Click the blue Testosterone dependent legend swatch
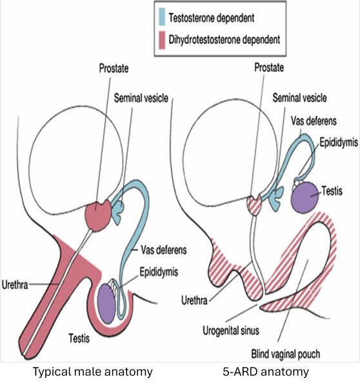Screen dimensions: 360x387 pyautogui.click(x=162, y=17)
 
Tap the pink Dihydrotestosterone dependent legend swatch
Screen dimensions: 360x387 pyautogui.click(x=162, y=40)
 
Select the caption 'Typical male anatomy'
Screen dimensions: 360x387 pyautogui.click(x=93, y=372)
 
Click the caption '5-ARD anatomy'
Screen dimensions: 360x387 pyautogui.click(x=266, y=372)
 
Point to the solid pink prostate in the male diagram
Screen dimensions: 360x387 pyautogui.click(x=98, y=215)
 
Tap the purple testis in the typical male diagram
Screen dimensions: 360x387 pyautogui.click(x=106, y=303)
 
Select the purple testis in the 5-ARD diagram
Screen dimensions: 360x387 pyautogui.click(x=305, y=198)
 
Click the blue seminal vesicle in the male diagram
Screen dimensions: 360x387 pyautogui.click(x=118, y=212)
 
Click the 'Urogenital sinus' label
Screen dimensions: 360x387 pyautogui.click(x=231, y=330)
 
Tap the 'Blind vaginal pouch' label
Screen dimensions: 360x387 pyautogui.click(x=286, y=354)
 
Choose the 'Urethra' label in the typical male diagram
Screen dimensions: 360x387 pyautogui.click(x=15, y=285)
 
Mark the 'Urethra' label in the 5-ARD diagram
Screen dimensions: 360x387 pyautogui.click(x=194, y=301)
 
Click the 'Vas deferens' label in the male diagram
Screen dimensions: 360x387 pyautogui.click(x=164, y=250)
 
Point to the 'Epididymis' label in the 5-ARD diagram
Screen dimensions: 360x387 pyautogui.click(x=339, y=143)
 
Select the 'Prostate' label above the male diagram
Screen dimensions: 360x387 pyautogui.click(x=114, y=68)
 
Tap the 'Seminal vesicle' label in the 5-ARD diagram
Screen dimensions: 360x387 pyautogui.click(x=299, y=98)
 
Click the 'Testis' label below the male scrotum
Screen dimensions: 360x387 pyautogui.click(x=79, y=338)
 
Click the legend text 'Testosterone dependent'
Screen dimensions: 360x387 pyautogui.click(x=212, y=18)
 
